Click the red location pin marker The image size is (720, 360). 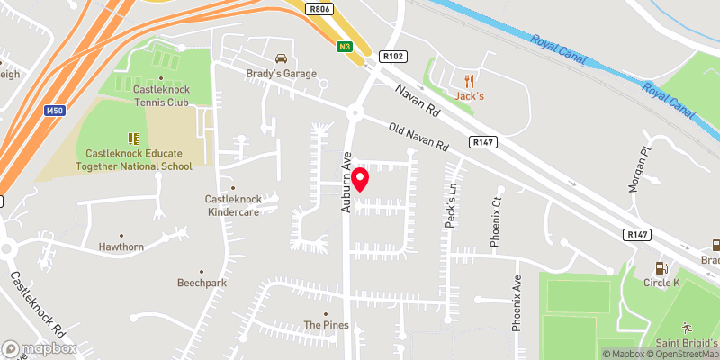tap(359, 180)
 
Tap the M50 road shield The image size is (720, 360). tap(54, 110)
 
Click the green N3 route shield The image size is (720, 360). tap(345, 47)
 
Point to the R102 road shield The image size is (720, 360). tap(390, 55)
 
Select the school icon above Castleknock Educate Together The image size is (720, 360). tap(133, 139)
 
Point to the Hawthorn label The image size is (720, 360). tap(121, 247)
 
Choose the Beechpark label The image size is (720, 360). tap(202, 282)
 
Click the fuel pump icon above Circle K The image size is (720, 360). tap(661, 266)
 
